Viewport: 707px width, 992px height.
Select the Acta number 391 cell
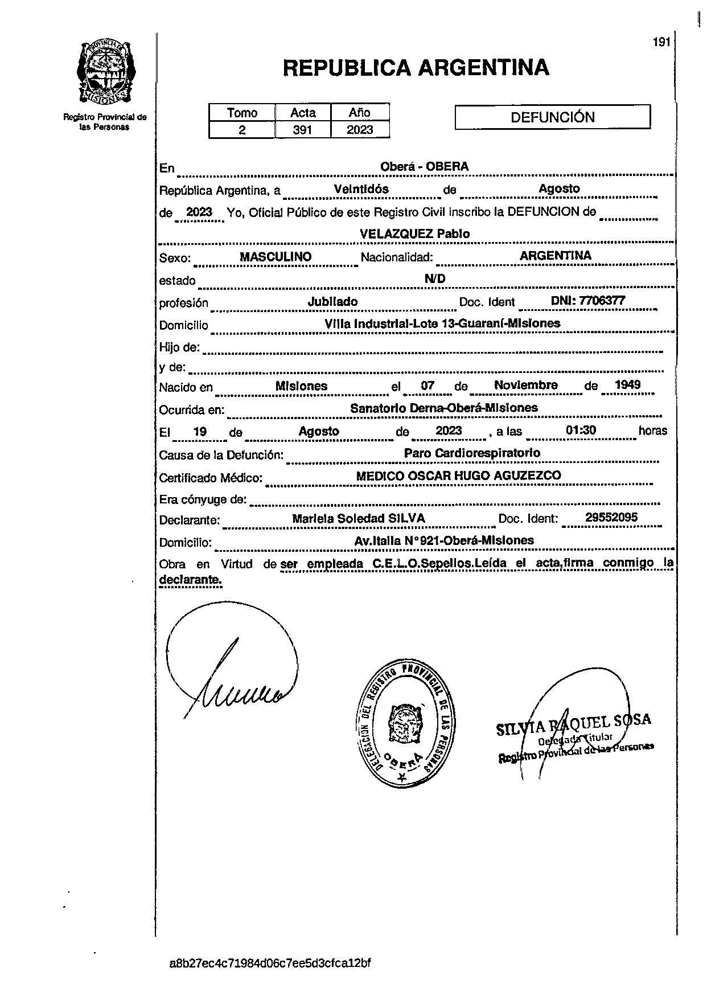pos(302,130)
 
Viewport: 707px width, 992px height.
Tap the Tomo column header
pos(242,113)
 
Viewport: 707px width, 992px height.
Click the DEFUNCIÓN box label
pos(552,117)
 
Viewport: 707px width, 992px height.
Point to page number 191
pos(661,42)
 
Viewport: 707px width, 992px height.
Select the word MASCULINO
pos(276,257)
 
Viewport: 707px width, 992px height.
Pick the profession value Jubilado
pos(332,302)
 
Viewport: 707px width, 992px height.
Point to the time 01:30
pos(581,430)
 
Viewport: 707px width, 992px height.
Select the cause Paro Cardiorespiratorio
pos(472,453)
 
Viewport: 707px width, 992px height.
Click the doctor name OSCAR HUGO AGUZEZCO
pos(482,475)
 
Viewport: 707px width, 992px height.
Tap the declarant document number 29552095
pos(611,517)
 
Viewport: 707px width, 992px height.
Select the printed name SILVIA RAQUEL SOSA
pos(573,725)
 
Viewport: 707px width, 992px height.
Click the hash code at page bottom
pos(270,964)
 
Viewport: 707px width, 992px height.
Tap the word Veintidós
pos(361,189)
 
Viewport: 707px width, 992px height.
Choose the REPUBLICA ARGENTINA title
pos(416,68)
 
